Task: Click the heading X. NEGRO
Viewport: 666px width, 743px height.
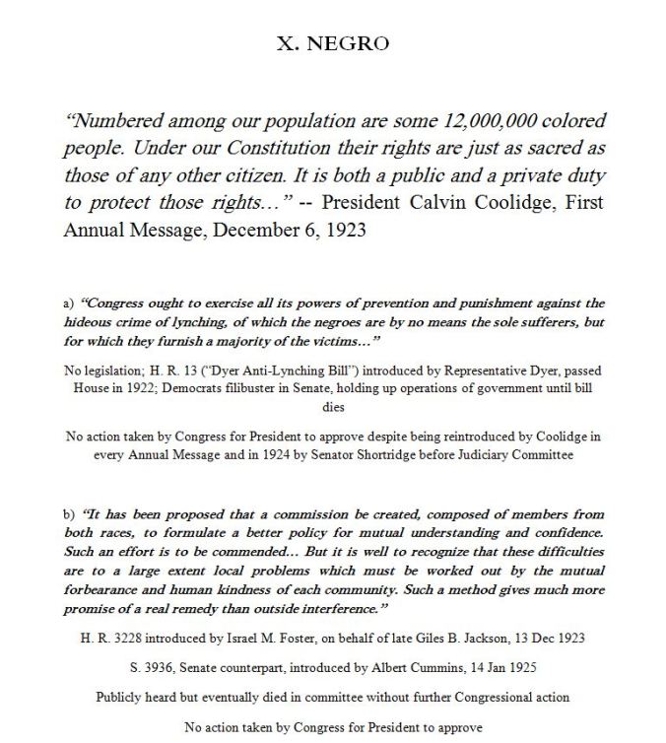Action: point(332,43)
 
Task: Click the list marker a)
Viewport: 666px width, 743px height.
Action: point(68,304)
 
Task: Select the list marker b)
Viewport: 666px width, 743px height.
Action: point(68,515)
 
